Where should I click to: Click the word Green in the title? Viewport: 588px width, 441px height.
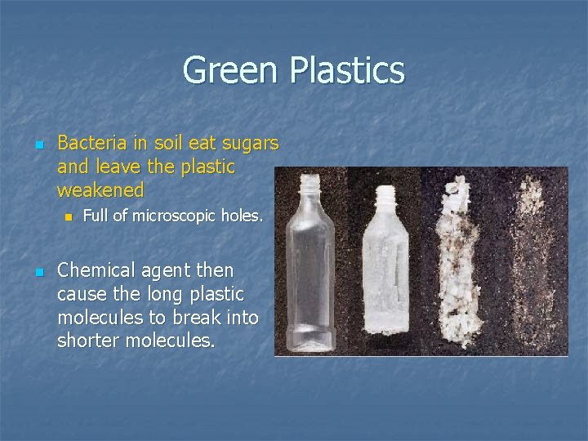[231, 70]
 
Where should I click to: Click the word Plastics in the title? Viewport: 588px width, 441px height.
[345, 70]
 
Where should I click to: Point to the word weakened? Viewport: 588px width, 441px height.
[100, 190]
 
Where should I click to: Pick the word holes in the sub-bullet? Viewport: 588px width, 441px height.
[242, 216]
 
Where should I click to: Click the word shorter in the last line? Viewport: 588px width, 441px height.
[87, 340]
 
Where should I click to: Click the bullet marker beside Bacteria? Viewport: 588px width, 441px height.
[38, 145]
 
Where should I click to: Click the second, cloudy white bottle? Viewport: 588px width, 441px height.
[381, 265]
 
